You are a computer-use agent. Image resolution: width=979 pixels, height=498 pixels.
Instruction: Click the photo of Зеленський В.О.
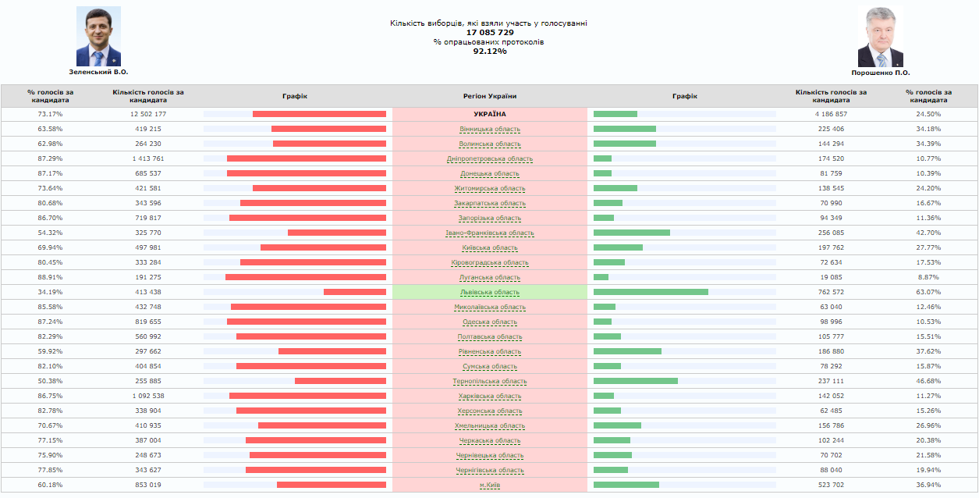pos(98,37)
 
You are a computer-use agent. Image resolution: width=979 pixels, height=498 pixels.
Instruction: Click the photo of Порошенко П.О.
pos(880,37)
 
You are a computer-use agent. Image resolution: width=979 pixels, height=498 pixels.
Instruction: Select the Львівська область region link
pos(489,293)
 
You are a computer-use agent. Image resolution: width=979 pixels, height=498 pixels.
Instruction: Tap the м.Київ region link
pos(489,486)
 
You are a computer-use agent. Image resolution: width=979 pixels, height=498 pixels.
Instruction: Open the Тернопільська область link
pos(489,382)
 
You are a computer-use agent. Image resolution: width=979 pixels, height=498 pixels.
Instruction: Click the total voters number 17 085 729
pos(489,33)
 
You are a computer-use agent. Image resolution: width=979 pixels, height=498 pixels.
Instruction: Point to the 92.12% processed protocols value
pos(489,52)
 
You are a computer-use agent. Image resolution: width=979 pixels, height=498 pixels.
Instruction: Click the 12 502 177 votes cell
pos(147,115)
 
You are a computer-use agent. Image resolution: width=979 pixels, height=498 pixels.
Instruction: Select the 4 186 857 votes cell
pos(831,115)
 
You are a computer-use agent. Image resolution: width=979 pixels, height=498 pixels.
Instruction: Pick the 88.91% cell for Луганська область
pos(50,278)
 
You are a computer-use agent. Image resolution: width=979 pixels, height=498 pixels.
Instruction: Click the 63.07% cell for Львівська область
pos(928,293)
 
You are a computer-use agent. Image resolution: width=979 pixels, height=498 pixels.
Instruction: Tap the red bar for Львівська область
pos(355,293)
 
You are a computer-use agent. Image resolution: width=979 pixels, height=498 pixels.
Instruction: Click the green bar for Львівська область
pos(651,293)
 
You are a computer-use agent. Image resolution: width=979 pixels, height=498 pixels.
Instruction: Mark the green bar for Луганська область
pos(601,278)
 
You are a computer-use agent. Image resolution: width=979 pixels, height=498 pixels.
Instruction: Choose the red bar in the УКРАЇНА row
pos(319,115)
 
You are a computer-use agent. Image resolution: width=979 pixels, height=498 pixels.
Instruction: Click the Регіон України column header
pos(489,97)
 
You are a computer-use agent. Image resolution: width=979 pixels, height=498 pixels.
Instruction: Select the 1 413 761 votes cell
pos(147,159)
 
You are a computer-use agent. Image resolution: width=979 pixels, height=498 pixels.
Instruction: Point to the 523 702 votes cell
pos(831,486)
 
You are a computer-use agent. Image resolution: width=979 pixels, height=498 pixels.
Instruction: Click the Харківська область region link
pos(489,397)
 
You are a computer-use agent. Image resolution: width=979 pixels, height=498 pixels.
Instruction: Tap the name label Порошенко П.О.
pos(880,73)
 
